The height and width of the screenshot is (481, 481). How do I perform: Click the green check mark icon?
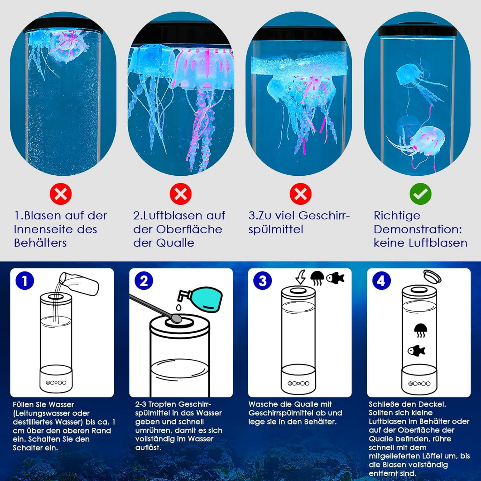[420, 194]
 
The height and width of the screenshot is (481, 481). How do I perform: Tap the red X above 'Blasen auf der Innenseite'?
[61, 194]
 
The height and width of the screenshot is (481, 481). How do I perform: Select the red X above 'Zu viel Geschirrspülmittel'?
[300, 194]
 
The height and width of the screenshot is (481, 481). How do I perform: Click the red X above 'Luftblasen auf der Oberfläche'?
[180, 194]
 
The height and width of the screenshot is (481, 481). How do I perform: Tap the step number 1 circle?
[25, 281]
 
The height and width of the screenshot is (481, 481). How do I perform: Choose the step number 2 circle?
[144, 281]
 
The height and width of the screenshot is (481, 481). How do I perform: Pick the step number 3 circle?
[263, 281]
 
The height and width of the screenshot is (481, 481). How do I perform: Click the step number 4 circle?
[381, 281]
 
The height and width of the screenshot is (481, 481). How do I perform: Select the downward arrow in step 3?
[301, 277]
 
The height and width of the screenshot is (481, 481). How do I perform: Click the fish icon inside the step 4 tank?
[416, 351]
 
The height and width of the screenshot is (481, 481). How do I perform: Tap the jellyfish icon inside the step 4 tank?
[420, 330]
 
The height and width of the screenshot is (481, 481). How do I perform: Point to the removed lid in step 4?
[432, 277]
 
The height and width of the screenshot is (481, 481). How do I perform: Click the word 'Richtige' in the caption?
[397, 216]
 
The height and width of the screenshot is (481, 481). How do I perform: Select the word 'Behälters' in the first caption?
[40, 243]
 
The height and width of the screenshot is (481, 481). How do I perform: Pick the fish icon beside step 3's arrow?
[335, 278]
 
